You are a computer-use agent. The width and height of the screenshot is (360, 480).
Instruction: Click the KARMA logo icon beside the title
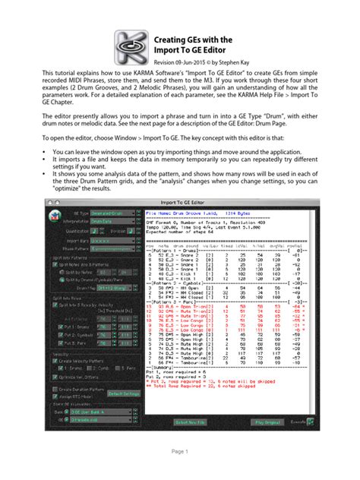[131, 47]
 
